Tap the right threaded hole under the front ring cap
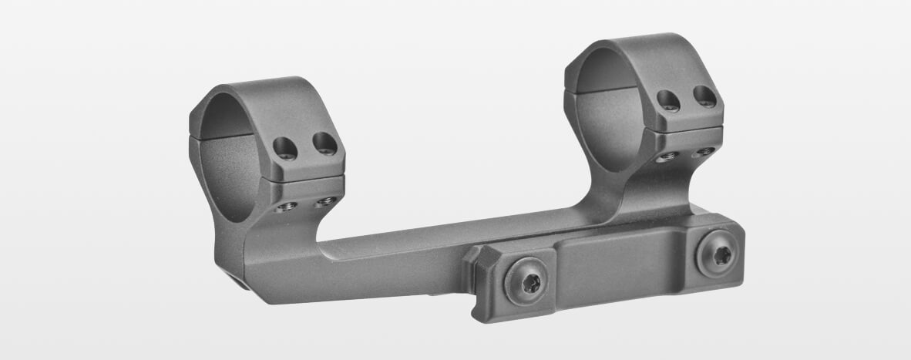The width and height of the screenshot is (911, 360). tap(326, 201)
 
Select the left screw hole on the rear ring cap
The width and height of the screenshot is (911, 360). tap(668, 99)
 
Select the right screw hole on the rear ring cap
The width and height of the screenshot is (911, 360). tap(704, 96)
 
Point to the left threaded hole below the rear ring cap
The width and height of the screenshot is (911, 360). tap(667, 156)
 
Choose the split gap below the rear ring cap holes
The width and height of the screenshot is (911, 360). tap(686, 129)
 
